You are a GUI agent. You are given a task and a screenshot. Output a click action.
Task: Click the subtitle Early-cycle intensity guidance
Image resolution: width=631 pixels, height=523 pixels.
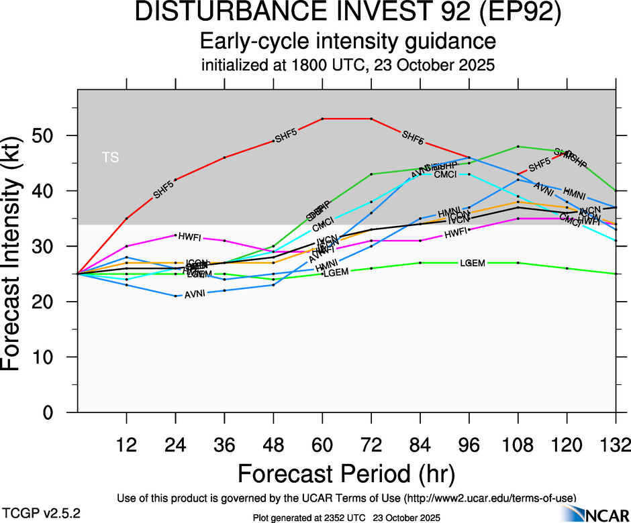tap(348, 42)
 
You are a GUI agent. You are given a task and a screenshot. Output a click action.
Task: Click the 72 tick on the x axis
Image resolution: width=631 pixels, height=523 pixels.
tap(371, 445)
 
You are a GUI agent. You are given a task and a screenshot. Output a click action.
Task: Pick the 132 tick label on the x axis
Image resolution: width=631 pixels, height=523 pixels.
tap(614, 445)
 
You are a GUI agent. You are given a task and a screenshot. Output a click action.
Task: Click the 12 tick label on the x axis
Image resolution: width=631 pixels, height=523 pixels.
tap(126, 445)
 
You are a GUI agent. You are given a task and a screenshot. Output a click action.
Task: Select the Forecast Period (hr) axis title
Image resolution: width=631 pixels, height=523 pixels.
tap(347, 473)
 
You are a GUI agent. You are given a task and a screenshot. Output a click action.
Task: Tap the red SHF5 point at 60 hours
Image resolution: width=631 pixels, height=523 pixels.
tap(322, 119)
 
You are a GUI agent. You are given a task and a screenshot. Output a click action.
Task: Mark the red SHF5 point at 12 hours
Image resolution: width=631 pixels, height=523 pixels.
tap(126, 219)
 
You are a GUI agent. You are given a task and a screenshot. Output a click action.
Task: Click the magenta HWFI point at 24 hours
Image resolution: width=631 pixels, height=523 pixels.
tap(175, 235)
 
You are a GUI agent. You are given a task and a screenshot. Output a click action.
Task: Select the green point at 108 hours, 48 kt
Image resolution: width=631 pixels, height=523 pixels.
tap(518, 146)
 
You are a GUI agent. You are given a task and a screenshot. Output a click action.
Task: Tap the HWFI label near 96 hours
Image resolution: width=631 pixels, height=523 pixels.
tap(456, 234)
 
